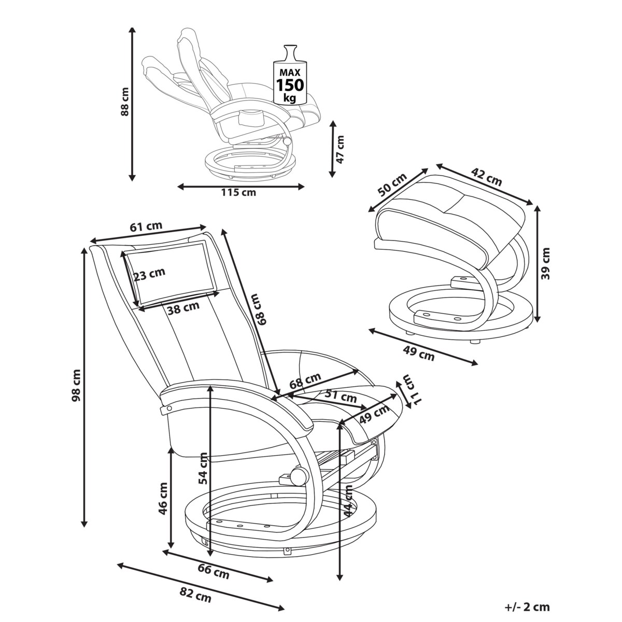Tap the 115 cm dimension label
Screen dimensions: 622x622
click(238, 193)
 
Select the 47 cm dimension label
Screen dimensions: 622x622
click(340, 149)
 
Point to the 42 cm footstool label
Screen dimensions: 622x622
click(486, 176)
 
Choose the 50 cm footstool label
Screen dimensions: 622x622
click(392, 185)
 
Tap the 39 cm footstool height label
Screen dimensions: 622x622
click(545, 263)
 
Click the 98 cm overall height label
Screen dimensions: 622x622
click(76, 386)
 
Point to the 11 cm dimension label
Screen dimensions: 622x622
click(411, 389)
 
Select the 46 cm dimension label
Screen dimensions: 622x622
click(163, 498)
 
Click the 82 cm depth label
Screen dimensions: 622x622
click(196, 597)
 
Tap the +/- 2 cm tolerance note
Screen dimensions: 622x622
click(527, 607)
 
